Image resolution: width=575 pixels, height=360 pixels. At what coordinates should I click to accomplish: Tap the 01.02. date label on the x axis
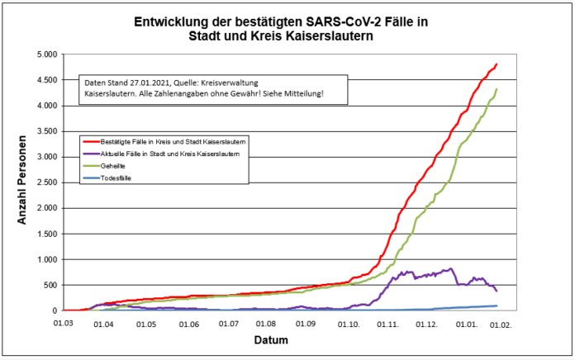tap(501, 324)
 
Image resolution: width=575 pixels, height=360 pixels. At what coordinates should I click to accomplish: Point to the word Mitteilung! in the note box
tap(303, 95)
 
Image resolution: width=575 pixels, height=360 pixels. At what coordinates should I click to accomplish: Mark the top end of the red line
tap(497, 64)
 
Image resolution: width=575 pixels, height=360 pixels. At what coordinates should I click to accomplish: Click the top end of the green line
tap(497, 89)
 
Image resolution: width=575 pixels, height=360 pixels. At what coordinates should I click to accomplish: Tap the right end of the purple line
tap(497, 291)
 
